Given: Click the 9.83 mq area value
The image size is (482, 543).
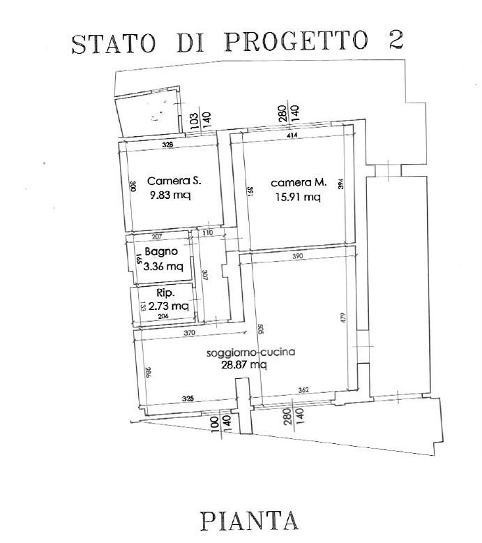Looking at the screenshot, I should tap(170, 195).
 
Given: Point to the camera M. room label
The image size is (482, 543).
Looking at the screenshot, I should tap(299, 183).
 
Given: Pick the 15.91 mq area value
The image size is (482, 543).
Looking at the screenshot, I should tap(296, 197).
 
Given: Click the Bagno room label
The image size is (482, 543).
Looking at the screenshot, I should tap(161, 252).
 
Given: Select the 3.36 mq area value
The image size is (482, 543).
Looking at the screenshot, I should tap(163, 266).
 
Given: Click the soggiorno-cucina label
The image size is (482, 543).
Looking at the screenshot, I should tap(251, 352).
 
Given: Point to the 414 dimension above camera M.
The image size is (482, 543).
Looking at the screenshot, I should tap(293, 137).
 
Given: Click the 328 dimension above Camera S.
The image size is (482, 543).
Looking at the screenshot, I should tap(167, 145).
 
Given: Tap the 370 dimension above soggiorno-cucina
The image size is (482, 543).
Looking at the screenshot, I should tap(190, 334).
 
